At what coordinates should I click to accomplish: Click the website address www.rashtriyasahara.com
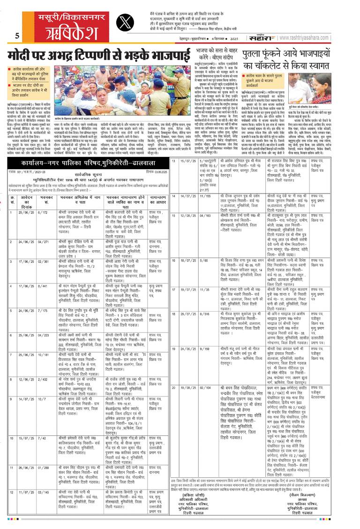pyautogui.click(x=323, y=35)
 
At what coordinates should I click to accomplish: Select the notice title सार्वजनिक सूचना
pyautogui.click(x=97, y=152)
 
